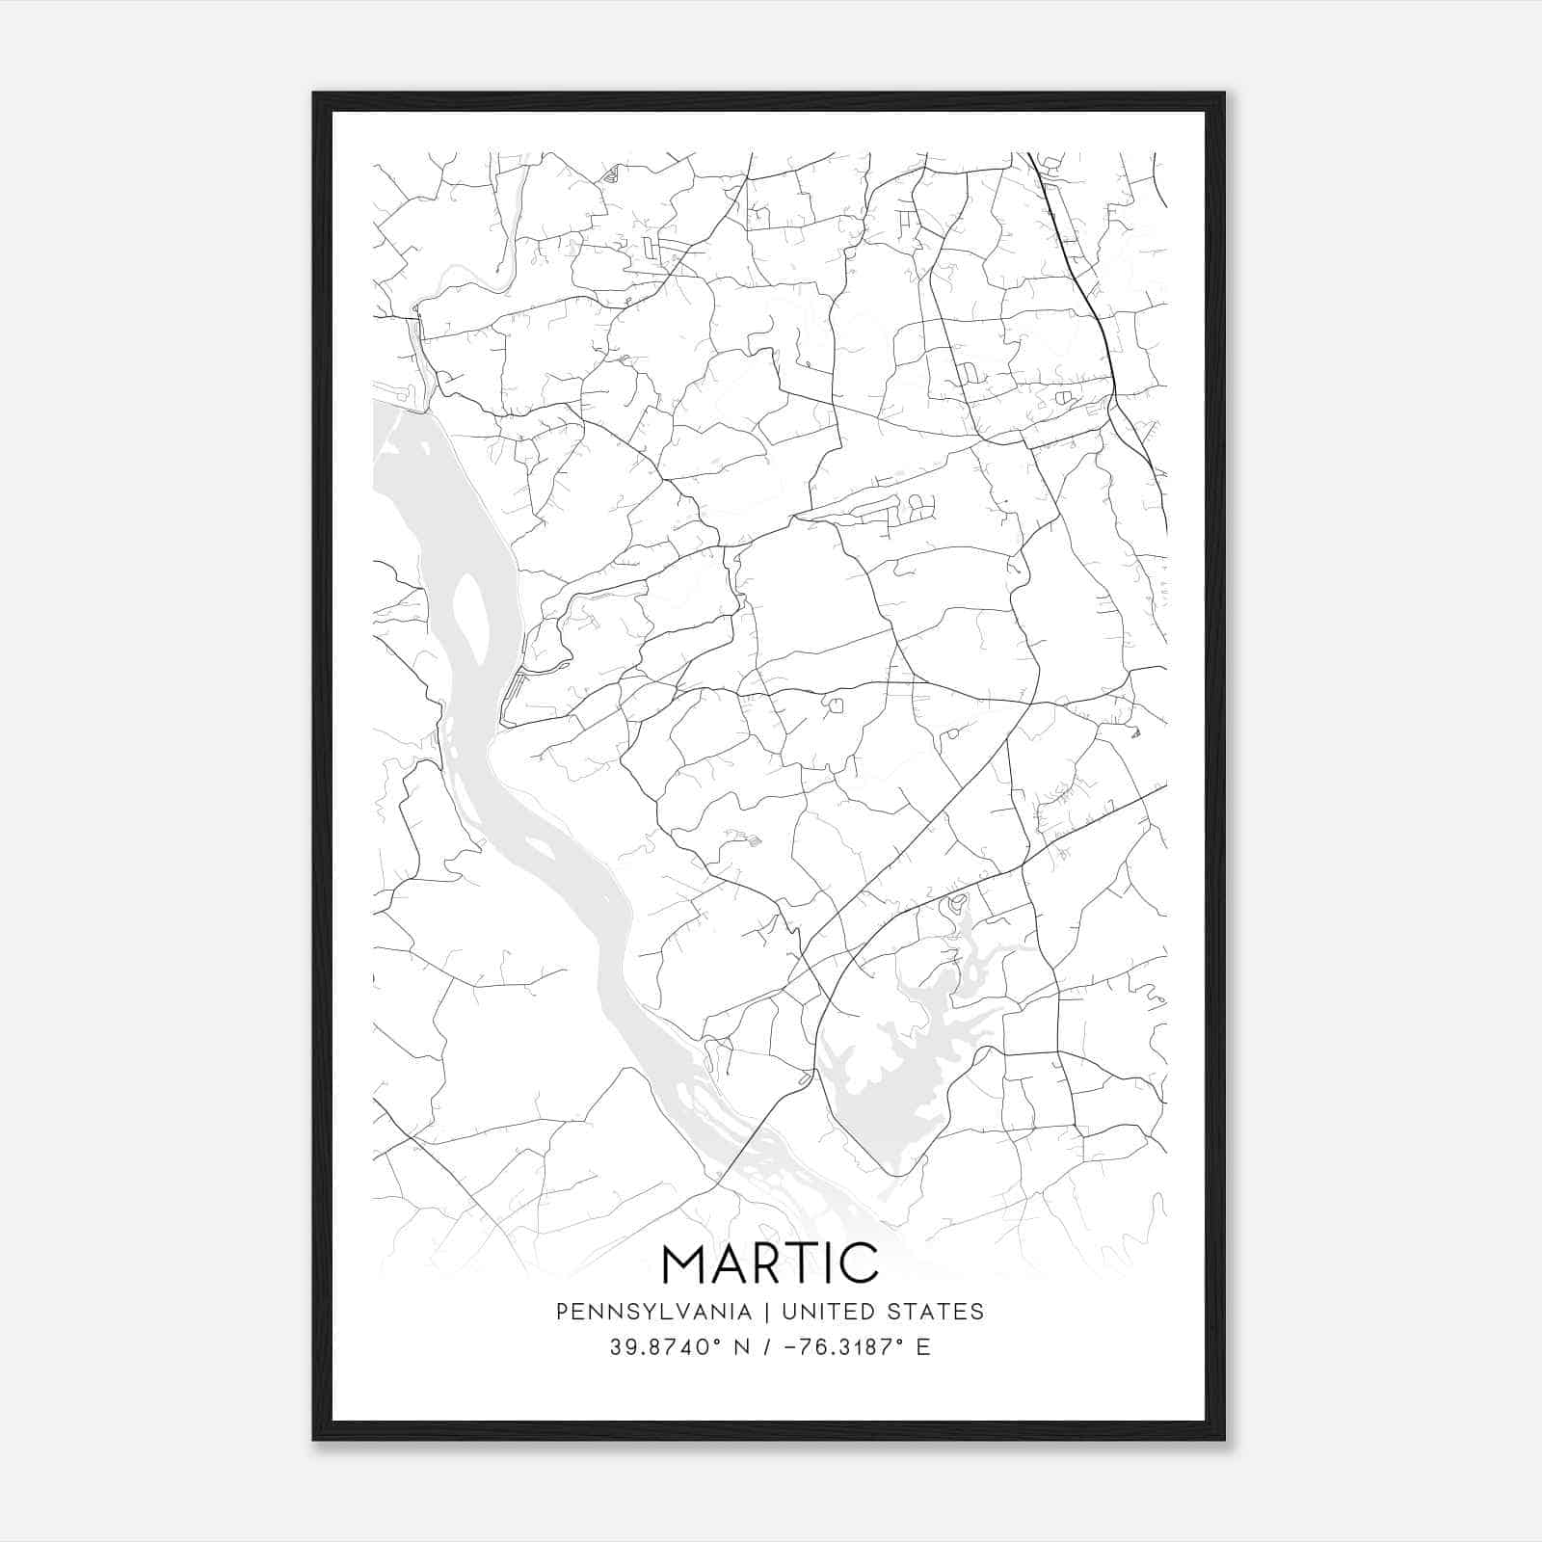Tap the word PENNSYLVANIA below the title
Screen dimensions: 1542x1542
pos(653,1312)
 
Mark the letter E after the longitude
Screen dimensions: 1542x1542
pos(923,1347)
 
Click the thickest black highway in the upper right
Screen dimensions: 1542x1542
pos(1079,270)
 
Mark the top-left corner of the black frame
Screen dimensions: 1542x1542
pos(314,93)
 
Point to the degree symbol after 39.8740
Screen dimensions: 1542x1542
pos(717,1341)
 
